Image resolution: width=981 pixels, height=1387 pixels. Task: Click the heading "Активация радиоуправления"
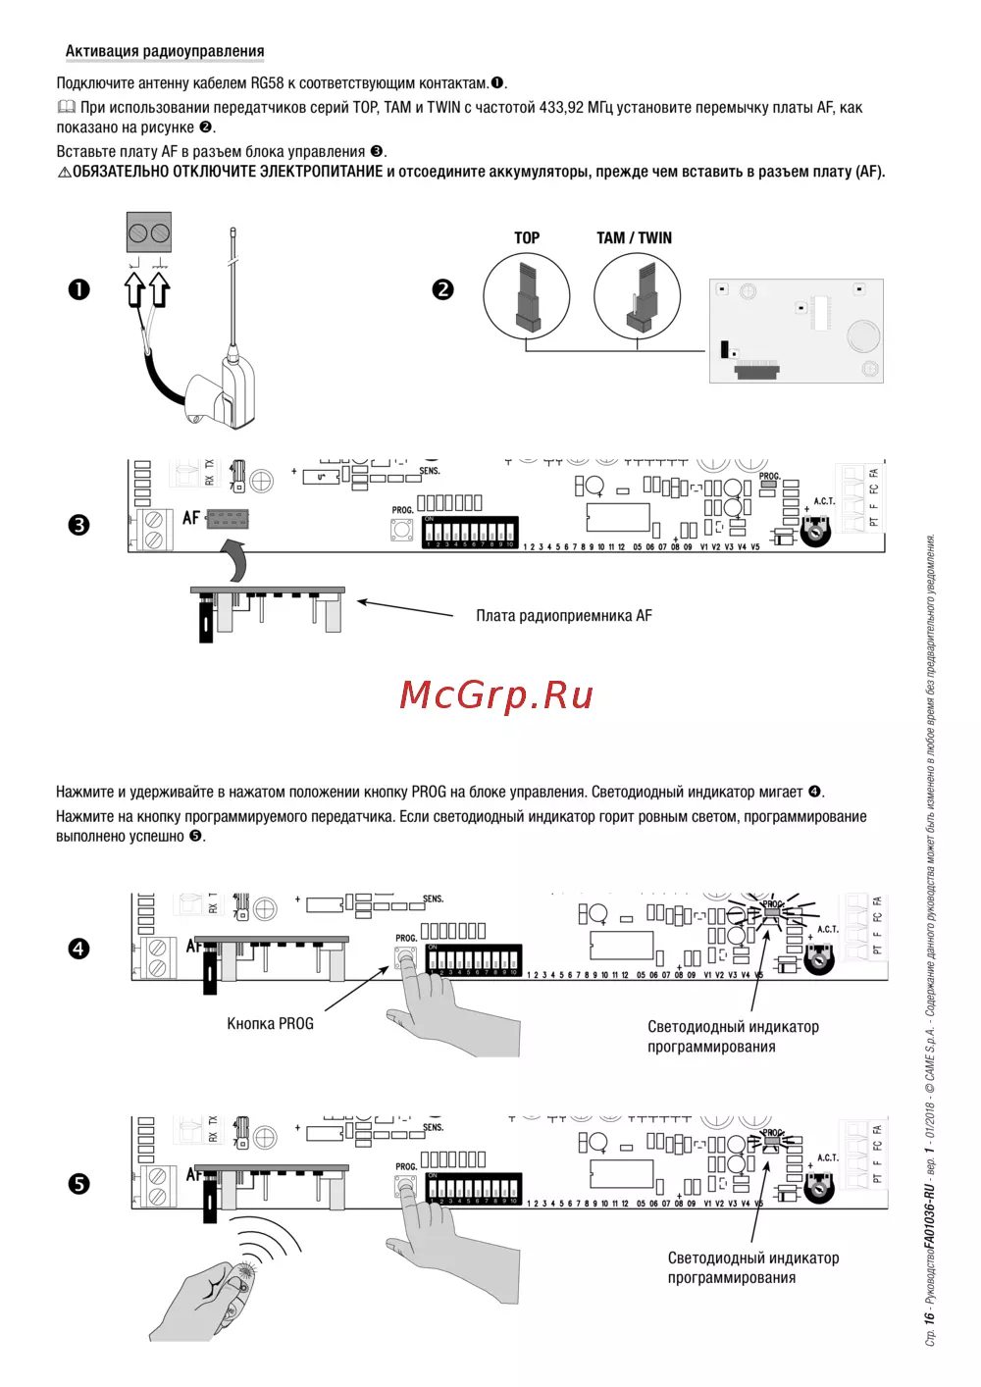(x=165, y=51)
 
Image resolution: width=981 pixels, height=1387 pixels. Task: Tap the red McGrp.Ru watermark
(x=496, y=694)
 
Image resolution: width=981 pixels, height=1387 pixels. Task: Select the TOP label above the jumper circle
(x=527, y=237)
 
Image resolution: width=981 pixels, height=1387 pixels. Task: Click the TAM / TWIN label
(x=634, y=237)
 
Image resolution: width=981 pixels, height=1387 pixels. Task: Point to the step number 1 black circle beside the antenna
(x=78, y=289)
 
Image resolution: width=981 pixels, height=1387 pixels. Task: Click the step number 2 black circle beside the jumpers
(x=443, y=289)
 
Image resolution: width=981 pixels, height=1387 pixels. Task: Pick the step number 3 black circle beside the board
(x=78, y=525)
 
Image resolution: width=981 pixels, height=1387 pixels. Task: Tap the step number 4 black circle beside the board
(x=78, y=949)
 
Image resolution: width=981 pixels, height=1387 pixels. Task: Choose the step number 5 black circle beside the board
(x=78, y=1184)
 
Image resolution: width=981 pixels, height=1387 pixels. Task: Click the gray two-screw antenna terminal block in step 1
(x=149, y=232)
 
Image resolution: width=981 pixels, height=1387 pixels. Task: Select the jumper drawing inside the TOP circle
(x=527, y=295)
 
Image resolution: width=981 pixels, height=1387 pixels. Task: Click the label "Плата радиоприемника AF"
(x=563, y=616)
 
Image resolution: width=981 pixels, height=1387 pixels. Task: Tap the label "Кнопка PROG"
(x=270, y=1024)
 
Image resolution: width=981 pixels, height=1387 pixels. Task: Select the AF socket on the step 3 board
(x=228, y=518)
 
